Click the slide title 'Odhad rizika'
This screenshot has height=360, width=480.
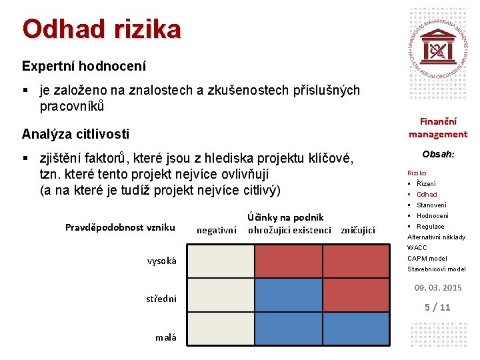click(x=101, y=29)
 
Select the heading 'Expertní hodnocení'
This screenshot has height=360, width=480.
click(x=84, y=66)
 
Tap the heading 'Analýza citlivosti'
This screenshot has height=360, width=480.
click(x=75, y=133)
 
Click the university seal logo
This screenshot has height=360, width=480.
click(x=438, y=50)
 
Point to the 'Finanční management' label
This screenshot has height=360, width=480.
click(x=438, y=127)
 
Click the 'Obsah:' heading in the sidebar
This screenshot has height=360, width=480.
click(x=438, y=154)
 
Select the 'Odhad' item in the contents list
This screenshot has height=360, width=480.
click(x=427, y=194)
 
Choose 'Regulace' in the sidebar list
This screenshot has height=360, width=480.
click(x=430, y=226)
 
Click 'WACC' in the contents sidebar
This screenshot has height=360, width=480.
click(x=417, y=247)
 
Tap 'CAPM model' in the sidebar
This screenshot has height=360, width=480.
click(x=427, y=258)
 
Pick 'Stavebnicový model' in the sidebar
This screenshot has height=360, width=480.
click(x=436, y=269)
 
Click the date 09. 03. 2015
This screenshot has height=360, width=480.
click(x=438, y=288)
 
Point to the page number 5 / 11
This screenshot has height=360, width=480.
click(x=438, y=307)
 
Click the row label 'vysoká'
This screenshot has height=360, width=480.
click(x=162, y=261)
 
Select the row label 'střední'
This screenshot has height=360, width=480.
click(x=161, y=299)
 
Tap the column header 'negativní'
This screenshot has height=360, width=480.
click(x=216, y=230)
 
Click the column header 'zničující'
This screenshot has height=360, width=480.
click(x=358, y=230)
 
